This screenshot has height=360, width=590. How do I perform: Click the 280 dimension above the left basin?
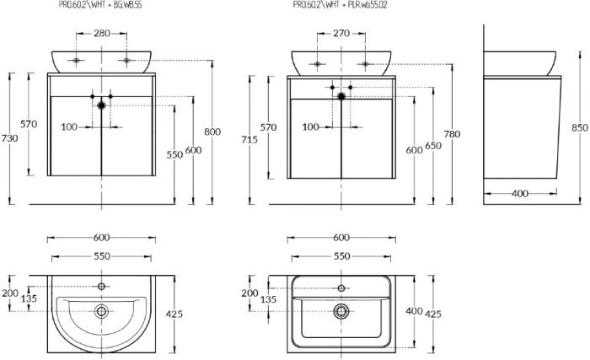coord(101,35)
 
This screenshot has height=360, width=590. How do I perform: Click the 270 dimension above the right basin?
coord(341,35)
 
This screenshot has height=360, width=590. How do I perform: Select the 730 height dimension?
coord(9,138)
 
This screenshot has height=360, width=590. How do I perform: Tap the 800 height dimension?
coord(212,132)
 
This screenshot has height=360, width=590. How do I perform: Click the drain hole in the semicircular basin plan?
coord(101,311)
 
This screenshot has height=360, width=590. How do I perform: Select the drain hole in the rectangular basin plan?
coord(341,310)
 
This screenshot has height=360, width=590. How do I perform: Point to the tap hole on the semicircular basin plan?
coord(101,287)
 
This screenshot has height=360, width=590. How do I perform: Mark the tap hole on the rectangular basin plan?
coord(341,285)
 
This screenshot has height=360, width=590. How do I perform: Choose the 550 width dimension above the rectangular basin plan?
coord(341,255)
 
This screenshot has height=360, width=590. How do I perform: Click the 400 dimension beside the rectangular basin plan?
coord(413,310)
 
